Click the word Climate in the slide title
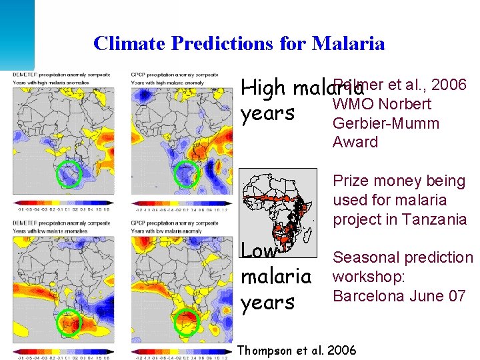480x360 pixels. pos(129,44)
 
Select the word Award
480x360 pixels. pos(355,142)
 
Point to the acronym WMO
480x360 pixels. pos(353,104)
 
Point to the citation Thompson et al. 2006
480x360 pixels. pos(297,350)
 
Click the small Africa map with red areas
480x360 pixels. pos(279,213)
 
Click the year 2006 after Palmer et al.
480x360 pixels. pos(449,85)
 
